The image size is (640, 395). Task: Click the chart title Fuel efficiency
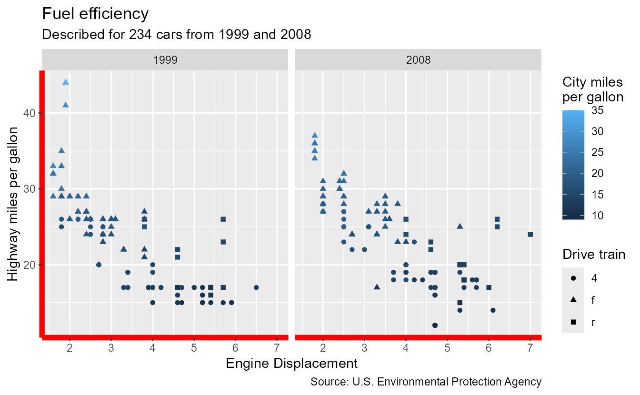[95, 14]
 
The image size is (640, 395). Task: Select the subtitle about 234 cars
[176, 35]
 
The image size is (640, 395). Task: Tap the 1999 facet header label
[165, 60]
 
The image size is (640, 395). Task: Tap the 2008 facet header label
[418, 60]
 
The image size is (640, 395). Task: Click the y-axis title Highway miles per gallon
[14, 204]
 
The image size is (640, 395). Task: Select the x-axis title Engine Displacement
[291, 364]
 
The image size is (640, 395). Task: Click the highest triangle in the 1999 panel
[66, 82]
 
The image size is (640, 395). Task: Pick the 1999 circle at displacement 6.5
[256, 287]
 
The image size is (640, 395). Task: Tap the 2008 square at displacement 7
[530, 234]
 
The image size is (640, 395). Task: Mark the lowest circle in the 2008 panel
[434, 326]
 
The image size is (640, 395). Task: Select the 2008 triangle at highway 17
[377, 287]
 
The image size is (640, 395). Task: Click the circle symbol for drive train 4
[573, 277]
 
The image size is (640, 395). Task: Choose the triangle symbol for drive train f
[573, 300]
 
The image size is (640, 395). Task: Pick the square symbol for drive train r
[573, 322]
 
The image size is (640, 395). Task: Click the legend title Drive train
[593, 255]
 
